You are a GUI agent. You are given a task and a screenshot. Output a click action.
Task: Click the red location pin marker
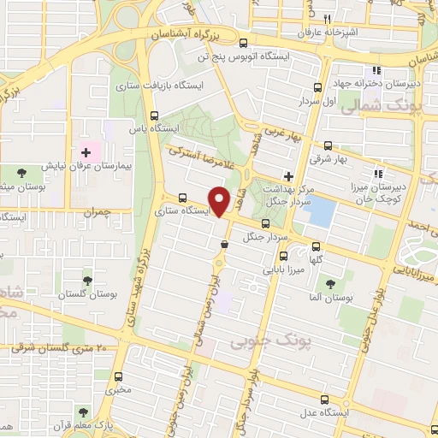pos(221,201)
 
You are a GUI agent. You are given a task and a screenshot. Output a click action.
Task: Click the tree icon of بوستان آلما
pos(330,283)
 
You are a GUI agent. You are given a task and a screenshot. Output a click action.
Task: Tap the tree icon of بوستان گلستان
pos(86,280)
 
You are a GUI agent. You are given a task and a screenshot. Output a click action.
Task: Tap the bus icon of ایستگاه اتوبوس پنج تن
pos(245,43)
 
